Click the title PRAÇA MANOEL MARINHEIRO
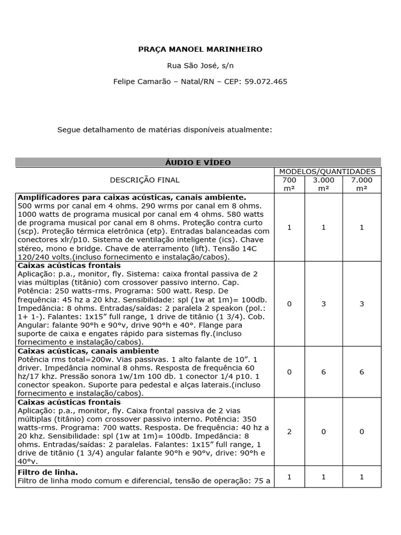(200, 49)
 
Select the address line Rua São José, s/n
(200, 65)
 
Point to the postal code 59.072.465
(266, 82)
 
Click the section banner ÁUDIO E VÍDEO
(198, 162)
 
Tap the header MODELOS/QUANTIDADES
(327, 171)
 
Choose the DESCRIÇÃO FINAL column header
(145, 180)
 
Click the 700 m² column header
(289, 184)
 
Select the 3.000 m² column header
(324, 184)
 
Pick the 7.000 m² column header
(362, 184)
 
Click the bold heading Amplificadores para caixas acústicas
(132, 197)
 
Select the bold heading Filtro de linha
(48, 472)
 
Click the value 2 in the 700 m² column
(289, 432)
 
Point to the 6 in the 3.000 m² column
(324, 371)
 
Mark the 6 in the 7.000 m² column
(362, 371)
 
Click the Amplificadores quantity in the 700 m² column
(289, 227)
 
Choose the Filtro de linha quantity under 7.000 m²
(362, 477)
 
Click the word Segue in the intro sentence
(68, 130)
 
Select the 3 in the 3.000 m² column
(324, 304)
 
